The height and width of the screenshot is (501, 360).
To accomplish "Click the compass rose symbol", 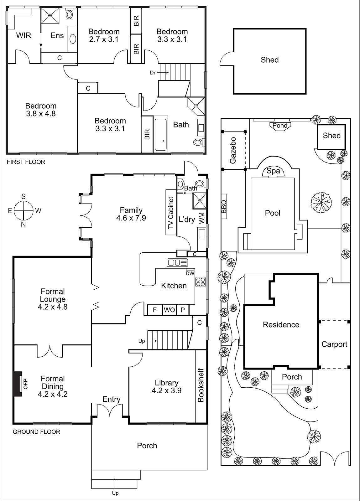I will pos(23,210).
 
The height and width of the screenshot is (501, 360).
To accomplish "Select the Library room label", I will pos(167,386).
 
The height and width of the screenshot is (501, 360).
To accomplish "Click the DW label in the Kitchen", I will pos(190,273).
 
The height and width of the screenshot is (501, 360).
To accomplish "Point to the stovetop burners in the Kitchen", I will pos(201,282).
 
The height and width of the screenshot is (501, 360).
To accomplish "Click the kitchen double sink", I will pos(177,262).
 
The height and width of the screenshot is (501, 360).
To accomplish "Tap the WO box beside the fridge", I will pos(170,310).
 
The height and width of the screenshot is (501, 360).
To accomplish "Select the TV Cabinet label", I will pos(171,213).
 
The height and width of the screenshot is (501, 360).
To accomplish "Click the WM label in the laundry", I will pos(201,218).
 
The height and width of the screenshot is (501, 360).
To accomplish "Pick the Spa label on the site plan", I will pos(273,171).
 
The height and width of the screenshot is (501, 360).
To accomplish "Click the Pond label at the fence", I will pos(280,126).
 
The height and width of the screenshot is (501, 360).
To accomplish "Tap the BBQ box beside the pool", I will pos(224,207).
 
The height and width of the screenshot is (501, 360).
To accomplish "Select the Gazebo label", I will pos(233,150).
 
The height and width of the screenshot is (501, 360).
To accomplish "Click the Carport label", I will pos(334,344).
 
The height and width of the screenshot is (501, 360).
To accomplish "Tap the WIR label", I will pos(24,35).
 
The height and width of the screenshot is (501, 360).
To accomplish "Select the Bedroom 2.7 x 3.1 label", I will pos(104,35).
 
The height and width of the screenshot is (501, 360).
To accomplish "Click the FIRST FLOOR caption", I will pos(26,162).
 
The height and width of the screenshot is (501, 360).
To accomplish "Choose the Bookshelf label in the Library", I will pos(201,385).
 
